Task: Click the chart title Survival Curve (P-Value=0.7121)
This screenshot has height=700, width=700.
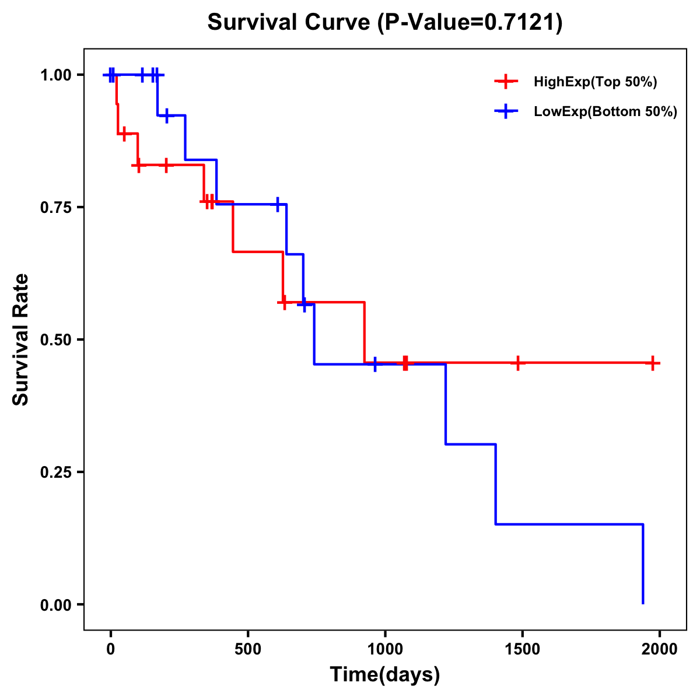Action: (x=385, y=23)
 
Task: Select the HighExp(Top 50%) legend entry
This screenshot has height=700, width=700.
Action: (x=595, y=82)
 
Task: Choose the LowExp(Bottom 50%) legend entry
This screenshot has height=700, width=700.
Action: (x=605, y=112)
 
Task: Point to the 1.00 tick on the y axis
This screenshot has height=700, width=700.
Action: (x=55, y=75)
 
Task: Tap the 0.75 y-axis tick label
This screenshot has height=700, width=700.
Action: (x=55, y=208)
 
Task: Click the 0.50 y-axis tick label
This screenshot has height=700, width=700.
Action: (x=55, y=340)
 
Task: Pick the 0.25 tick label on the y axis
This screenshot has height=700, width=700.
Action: (x=55, y=473)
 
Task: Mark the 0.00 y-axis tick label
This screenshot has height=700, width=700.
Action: (x=55, y=605)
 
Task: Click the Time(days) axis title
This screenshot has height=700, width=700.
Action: (x=385, y=675)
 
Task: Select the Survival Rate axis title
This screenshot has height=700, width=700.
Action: (x=21, y=339)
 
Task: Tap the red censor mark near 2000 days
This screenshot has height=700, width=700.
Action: (x=653, y=363)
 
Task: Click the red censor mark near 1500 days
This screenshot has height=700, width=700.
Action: (x=517, y=363)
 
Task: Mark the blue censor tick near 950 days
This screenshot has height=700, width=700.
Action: (x=374, y=365)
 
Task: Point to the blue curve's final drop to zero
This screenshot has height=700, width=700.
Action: (x=643, y=566)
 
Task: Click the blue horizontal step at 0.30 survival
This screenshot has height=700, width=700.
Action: (x=471, y=444)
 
